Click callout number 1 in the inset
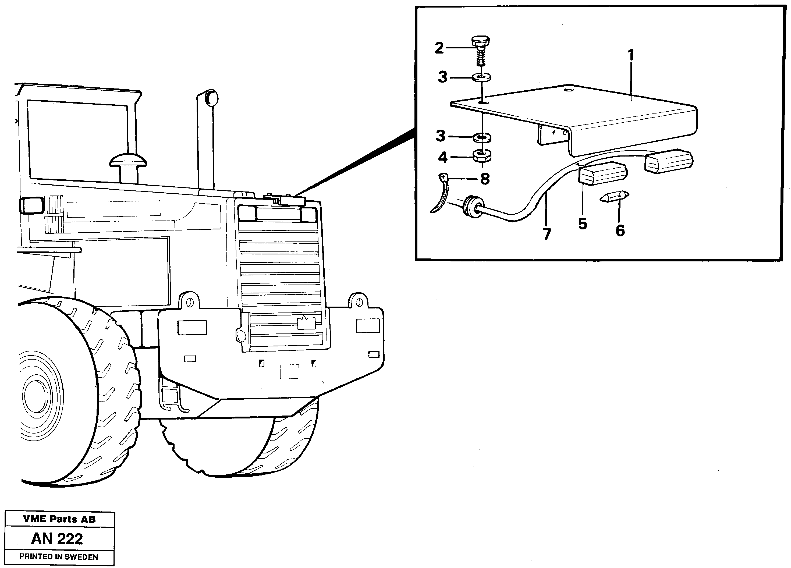click(x=631, y=55)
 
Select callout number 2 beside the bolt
click(x=439, y=48)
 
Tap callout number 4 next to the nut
click(x=443, y=157)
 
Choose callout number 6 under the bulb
click(x=620, y=230)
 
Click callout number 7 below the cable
click(x=547, y=234)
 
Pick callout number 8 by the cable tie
click(x=485, y=179)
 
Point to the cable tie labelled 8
click(x=441, y=195)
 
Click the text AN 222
click(x=57, y=539)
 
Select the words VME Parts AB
click(x=59, y=519)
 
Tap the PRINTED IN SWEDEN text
click(x=59, y=557)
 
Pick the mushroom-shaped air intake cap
click(x=128, y=161)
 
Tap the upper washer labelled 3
click(x=482, y=77)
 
